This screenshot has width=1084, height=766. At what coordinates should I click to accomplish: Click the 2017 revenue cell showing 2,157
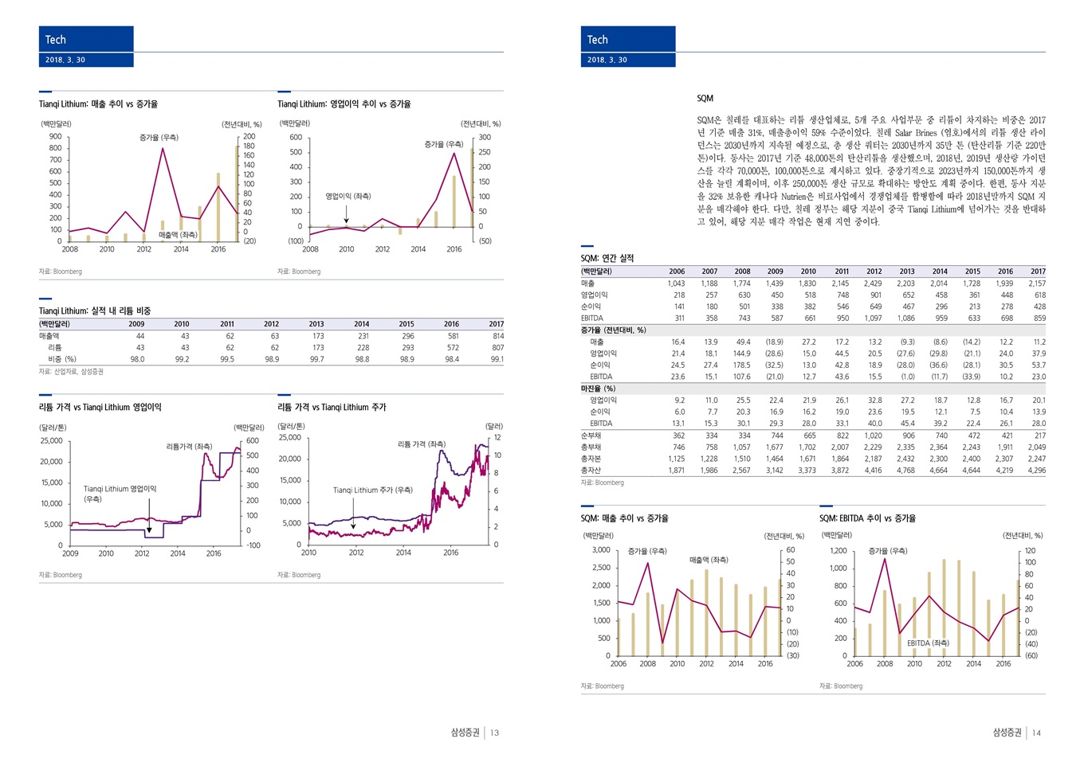pos(1036,283)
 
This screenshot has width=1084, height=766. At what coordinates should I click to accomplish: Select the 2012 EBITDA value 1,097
pos(873,319)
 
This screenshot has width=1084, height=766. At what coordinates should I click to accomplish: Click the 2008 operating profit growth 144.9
pos(741,354)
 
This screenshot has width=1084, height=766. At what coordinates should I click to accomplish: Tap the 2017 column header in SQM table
pos(1037,272)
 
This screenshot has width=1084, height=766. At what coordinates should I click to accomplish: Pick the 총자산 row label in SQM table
pos(591,471)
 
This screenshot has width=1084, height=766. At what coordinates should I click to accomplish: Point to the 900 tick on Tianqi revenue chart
pos(55,136)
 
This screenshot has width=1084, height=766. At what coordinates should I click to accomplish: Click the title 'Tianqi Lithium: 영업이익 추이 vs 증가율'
pos(344,104)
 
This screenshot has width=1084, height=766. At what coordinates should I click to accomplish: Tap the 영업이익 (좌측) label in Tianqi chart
pos(348,196)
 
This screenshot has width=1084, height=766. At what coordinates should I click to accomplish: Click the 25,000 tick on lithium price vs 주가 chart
pos(289,437)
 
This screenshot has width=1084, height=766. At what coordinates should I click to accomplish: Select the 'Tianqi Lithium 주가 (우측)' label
pos(372,490)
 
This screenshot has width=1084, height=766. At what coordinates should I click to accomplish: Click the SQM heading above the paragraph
pos(705,99)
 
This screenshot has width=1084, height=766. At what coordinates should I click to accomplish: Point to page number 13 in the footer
pos(494,733)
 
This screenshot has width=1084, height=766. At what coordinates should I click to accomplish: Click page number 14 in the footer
pos(1036,733)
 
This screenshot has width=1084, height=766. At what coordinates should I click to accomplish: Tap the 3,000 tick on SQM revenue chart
pos(600,550)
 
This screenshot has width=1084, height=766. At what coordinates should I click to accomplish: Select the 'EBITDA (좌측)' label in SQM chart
pos(928,643)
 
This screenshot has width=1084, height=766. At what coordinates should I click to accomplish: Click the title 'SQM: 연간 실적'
pos(607,258)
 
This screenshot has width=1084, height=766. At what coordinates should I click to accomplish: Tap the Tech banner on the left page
pos(86,40)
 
